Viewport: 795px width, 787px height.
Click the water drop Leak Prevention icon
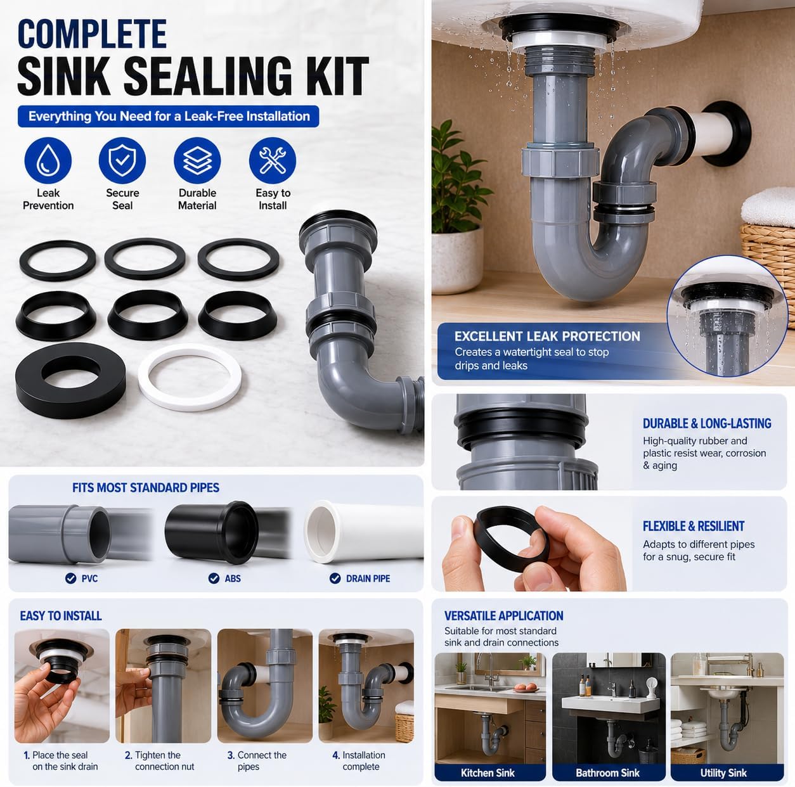[48, 160]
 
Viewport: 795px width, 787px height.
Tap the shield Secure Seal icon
[122, 160]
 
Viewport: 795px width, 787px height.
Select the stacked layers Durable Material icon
[197, 160]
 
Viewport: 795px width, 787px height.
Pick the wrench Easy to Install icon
[272, 160]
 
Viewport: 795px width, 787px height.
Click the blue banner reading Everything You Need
[169, 117]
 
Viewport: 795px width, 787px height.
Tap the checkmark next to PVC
[70, 578]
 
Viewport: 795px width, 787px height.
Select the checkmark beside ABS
[214, 579]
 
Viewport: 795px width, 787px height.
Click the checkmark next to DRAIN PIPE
[335, 579]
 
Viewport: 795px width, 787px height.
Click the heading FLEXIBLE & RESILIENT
[694, 527]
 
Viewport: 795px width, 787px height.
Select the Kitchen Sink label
[488, 772]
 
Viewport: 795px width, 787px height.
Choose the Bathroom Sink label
[608, 772]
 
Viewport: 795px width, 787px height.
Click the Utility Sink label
[723, 772]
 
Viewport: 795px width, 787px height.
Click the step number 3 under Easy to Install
[231, 755]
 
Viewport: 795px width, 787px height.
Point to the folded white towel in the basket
[768, 207]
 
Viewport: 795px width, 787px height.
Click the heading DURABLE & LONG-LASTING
[707, 424]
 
